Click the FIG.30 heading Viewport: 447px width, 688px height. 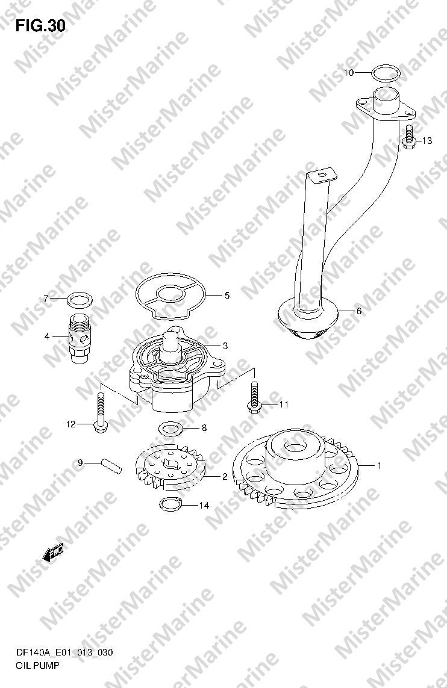[x=40, y=26]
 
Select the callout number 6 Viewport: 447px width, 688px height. [x=358, y=311]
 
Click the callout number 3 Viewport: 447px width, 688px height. [x=225, y=346]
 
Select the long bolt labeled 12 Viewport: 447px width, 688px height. [x=100, y=412]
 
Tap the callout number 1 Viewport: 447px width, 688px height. [x=380, y=465]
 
